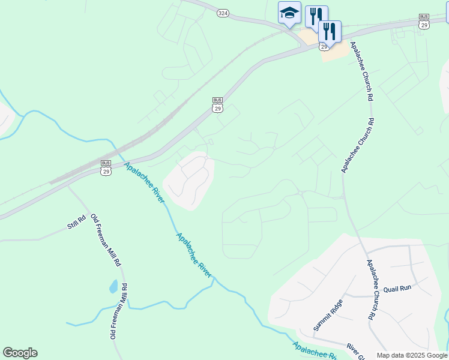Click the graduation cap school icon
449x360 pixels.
pyautogui.click(x=289, y=13)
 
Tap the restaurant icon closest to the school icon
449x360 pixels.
pyautogui.click(x=316, y=16)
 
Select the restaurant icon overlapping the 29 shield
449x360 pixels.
pyautogui.click(x=330, y=31)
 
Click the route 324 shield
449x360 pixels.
pyautogui.click(x=223, y=13)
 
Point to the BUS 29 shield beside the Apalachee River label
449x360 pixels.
pyautogui.click(x=106, y=167)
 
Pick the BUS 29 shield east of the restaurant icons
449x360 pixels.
pyautogui.click(x=424, y=21)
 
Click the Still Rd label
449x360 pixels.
pyautogui.click(x=77, y=224)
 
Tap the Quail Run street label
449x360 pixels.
pyautogui.click(x=397, y=288)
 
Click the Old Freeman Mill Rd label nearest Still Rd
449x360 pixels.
pyautogui.click(x=105, y=240)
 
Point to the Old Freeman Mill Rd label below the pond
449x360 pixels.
pyautogui.click(x=118, y=311)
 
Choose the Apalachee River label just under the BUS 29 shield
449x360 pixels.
pyautogui.click(x=144, y=182)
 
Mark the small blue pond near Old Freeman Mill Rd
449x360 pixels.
pyautogui.click(x=113, y=286)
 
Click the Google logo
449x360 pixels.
pyautogui.click(x=20, y=353)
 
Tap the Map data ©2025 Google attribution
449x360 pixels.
pyautogui.click(x=412, y=355)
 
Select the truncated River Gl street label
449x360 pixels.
pyautogui.click(x=355, y=352)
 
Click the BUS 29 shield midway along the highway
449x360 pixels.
pyautogui.click(x=217, y=104)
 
